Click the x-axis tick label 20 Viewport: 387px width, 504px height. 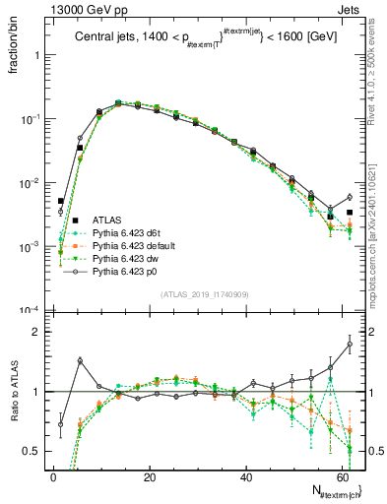149,477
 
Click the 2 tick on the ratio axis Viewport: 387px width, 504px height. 37,332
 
